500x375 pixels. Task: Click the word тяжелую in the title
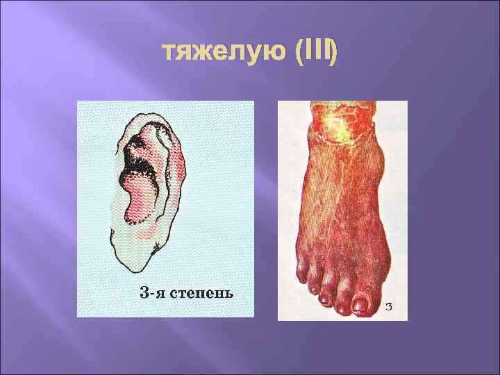222,53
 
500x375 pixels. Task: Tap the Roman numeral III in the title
316,53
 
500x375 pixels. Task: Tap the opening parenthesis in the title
299,53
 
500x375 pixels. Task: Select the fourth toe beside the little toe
307,285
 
